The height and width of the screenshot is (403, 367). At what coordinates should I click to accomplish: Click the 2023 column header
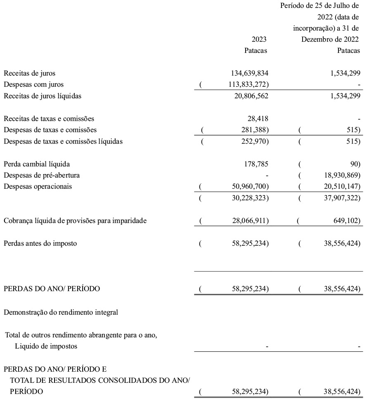(259, 40)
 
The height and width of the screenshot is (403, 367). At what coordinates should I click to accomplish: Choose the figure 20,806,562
(246, 96)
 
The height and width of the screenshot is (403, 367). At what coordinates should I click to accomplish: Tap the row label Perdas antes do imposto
(40, 243)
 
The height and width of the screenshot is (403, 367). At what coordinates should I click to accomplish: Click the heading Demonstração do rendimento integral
(61, 312)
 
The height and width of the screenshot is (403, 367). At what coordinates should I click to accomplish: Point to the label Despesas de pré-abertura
(42, 175)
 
